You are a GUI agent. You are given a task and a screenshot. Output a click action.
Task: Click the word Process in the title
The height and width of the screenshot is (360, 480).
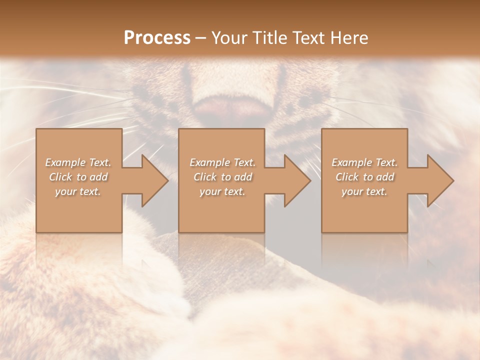coord(157,38)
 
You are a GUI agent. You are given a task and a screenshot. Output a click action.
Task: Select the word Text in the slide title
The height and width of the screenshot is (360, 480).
coord(308,38)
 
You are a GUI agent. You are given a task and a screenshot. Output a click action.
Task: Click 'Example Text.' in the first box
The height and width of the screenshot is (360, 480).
coord(78,162)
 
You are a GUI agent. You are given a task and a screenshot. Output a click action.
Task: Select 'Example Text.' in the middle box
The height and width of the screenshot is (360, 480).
coord(222,162)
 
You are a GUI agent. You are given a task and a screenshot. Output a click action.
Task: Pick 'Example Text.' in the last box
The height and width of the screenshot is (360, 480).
coord(364,162)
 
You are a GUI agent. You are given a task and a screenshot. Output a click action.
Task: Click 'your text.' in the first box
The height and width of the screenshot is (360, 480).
coord(78,191)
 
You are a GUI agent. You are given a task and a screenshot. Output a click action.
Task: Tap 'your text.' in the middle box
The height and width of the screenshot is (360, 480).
coord(222,191)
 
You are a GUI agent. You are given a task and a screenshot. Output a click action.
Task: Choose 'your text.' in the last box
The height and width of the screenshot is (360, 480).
coord(364,191)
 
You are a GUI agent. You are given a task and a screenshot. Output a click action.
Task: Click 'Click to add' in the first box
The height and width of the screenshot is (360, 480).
coord(78,177)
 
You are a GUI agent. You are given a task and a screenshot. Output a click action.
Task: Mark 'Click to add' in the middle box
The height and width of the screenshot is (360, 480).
coord(222,177)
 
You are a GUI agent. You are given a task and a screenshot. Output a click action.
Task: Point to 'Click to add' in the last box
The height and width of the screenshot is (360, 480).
coord(364,177)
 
